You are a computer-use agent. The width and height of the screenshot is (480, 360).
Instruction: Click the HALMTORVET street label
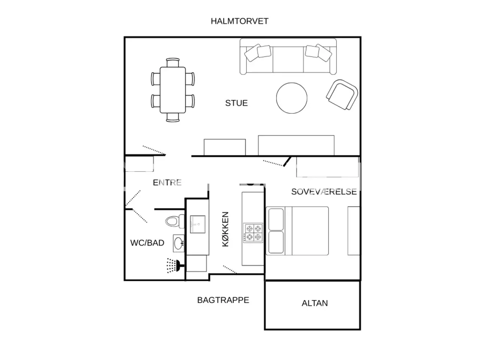pos(240,21)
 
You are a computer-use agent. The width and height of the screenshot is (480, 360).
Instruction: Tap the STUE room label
pos(236,103)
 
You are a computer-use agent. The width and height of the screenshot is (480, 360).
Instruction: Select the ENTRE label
pos(167,183)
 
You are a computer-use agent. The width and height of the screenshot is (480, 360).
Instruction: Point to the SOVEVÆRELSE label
pos(324,192)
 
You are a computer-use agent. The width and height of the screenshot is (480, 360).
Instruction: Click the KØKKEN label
pos(225,229)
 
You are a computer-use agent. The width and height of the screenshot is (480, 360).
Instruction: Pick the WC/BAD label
pos(147,243)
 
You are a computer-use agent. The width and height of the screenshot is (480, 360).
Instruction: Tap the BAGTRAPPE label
pos(223,300)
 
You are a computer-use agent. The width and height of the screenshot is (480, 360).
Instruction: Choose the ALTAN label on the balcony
pos(315,303)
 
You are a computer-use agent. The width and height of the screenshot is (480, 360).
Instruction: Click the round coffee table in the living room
pos(291,98)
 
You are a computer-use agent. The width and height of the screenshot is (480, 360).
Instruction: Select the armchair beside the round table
pos(342,94)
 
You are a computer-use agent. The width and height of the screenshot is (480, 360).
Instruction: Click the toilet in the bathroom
pos(175,221)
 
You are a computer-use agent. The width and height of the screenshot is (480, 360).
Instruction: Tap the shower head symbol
pos(174,265)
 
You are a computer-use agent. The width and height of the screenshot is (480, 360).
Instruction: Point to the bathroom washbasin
pos(178,243)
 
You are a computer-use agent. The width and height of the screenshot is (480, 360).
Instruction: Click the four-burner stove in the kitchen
pos(253,233)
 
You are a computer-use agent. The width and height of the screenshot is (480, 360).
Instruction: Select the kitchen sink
pos(198,224)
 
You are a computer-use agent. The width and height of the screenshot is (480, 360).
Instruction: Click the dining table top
pos(173,90)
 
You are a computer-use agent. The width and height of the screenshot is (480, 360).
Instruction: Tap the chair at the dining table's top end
pos(173,62)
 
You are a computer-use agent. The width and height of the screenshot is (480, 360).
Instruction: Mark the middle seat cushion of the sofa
pos(288,60)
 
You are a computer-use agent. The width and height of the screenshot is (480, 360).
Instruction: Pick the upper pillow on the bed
pos(276,219)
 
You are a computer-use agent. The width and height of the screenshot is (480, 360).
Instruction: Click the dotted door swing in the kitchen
pos(229,269)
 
